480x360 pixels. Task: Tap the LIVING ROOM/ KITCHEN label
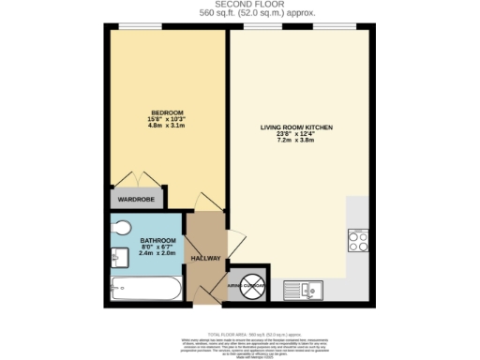(x=296, y=127)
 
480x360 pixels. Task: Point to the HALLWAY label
(x=205, y=259)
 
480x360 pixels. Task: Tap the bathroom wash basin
(x=118, y=254)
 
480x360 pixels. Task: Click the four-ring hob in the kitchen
(x=357, y=240)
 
